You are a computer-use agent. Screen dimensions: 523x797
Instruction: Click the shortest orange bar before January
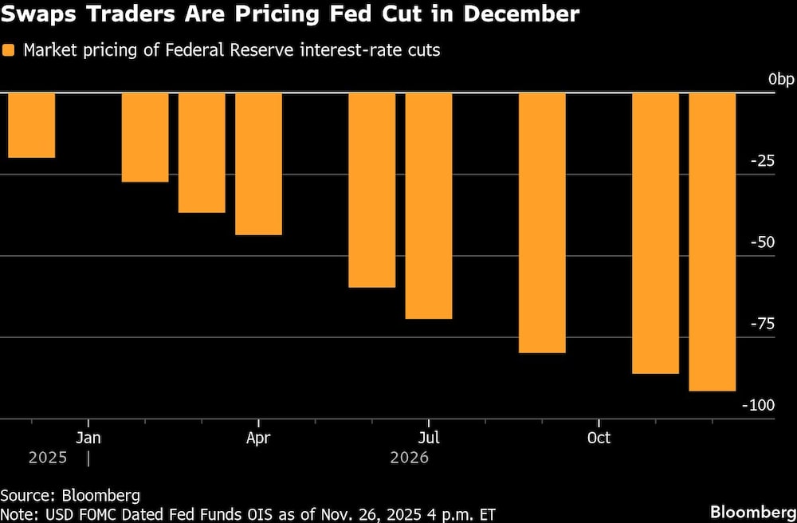click(31, 125)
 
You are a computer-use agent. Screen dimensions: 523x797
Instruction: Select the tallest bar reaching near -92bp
click(712, 242)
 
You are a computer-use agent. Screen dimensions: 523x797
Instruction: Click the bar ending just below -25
click(145, 137)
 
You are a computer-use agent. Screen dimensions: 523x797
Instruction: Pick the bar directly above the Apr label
click(258, 163)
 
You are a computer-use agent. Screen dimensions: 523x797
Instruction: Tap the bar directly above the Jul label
click(429, 206)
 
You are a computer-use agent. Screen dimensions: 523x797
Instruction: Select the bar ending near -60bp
click(372, 190)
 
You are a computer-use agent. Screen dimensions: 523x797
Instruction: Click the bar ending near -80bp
click(542, 222)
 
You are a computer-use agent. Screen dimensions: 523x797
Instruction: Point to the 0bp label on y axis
click(781, 80)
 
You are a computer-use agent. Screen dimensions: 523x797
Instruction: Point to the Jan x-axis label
click(88, 438)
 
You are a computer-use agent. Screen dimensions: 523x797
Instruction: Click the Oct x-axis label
click(599, 438)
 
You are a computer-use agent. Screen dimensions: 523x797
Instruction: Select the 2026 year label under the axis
click(409, 458)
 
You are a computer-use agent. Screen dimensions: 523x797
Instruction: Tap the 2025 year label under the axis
click(48, 458)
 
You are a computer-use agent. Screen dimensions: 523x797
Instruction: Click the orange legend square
click(9, 50)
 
